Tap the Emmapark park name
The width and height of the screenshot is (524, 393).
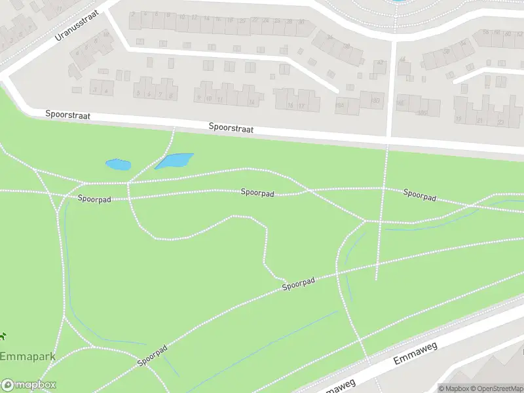click(28, 357)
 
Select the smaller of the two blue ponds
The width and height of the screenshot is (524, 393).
click(118, 164)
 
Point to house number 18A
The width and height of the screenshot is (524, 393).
click(340, 104)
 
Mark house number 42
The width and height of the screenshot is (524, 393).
click(379, 64)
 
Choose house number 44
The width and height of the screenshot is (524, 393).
click(402, 60)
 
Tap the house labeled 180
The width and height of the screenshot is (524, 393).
click(376, 101)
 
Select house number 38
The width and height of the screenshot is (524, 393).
click(346, 46)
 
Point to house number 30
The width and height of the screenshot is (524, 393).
click(301, 22)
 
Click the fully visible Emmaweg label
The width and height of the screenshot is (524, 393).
click(415, 358)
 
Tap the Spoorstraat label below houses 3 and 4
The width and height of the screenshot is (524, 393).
click(67, 115)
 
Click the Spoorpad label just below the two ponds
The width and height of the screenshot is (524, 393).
click(94, 198)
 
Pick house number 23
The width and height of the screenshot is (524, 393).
click(500, 122)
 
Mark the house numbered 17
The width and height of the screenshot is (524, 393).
click(301, 105)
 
